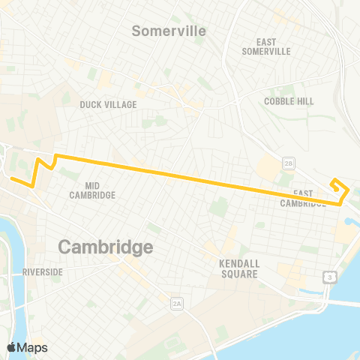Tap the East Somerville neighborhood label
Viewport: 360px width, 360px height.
[266, 46]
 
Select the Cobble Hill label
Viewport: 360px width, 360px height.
[289, 100]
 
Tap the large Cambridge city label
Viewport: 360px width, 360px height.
[105, 247]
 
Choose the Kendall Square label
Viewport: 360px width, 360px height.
[239, 268]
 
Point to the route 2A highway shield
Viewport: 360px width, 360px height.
[177, 303]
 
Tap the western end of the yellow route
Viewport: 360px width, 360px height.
[10, 177]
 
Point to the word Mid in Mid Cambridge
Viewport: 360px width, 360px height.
[94, 184]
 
